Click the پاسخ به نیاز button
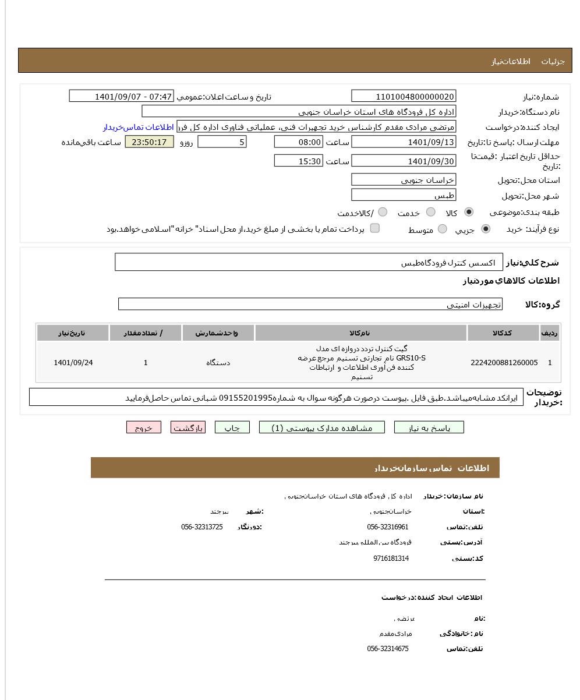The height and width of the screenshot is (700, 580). coord(429,427)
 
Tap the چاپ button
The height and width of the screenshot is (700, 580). coord(232,427)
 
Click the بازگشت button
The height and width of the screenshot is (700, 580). coord(188,427)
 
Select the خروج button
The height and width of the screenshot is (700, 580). coord(143,427)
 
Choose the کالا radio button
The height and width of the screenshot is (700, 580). coord(469,212)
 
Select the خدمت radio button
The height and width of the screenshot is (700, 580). coord(431,212)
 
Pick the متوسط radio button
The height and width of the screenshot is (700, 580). coord(443,229)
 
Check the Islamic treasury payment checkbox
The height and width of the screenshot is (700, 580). coord(375,228)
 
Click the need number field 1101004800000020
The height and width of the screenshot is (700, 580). coord(404,97)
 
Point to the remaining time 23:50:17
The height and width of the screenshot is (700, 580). coord(149,142)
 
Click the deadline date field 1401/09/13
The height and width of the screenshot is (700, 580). coord(404,142)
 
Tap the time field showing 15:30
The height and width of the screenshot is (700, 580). coord(298,161)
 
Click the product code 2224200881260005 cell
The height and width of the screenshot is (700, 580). coord(504,363)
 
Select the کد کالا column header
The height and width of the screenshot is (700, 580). coord(503,333)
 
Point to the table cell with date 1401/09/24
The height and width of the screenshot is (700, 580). coord(73,363)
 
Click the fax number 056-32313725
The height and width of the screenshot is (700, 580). coord(201,527)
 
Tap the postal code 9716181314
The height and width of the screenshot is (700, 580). coord(391,558)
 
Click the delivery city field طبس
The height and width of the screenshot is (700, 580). coord(404,195)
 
